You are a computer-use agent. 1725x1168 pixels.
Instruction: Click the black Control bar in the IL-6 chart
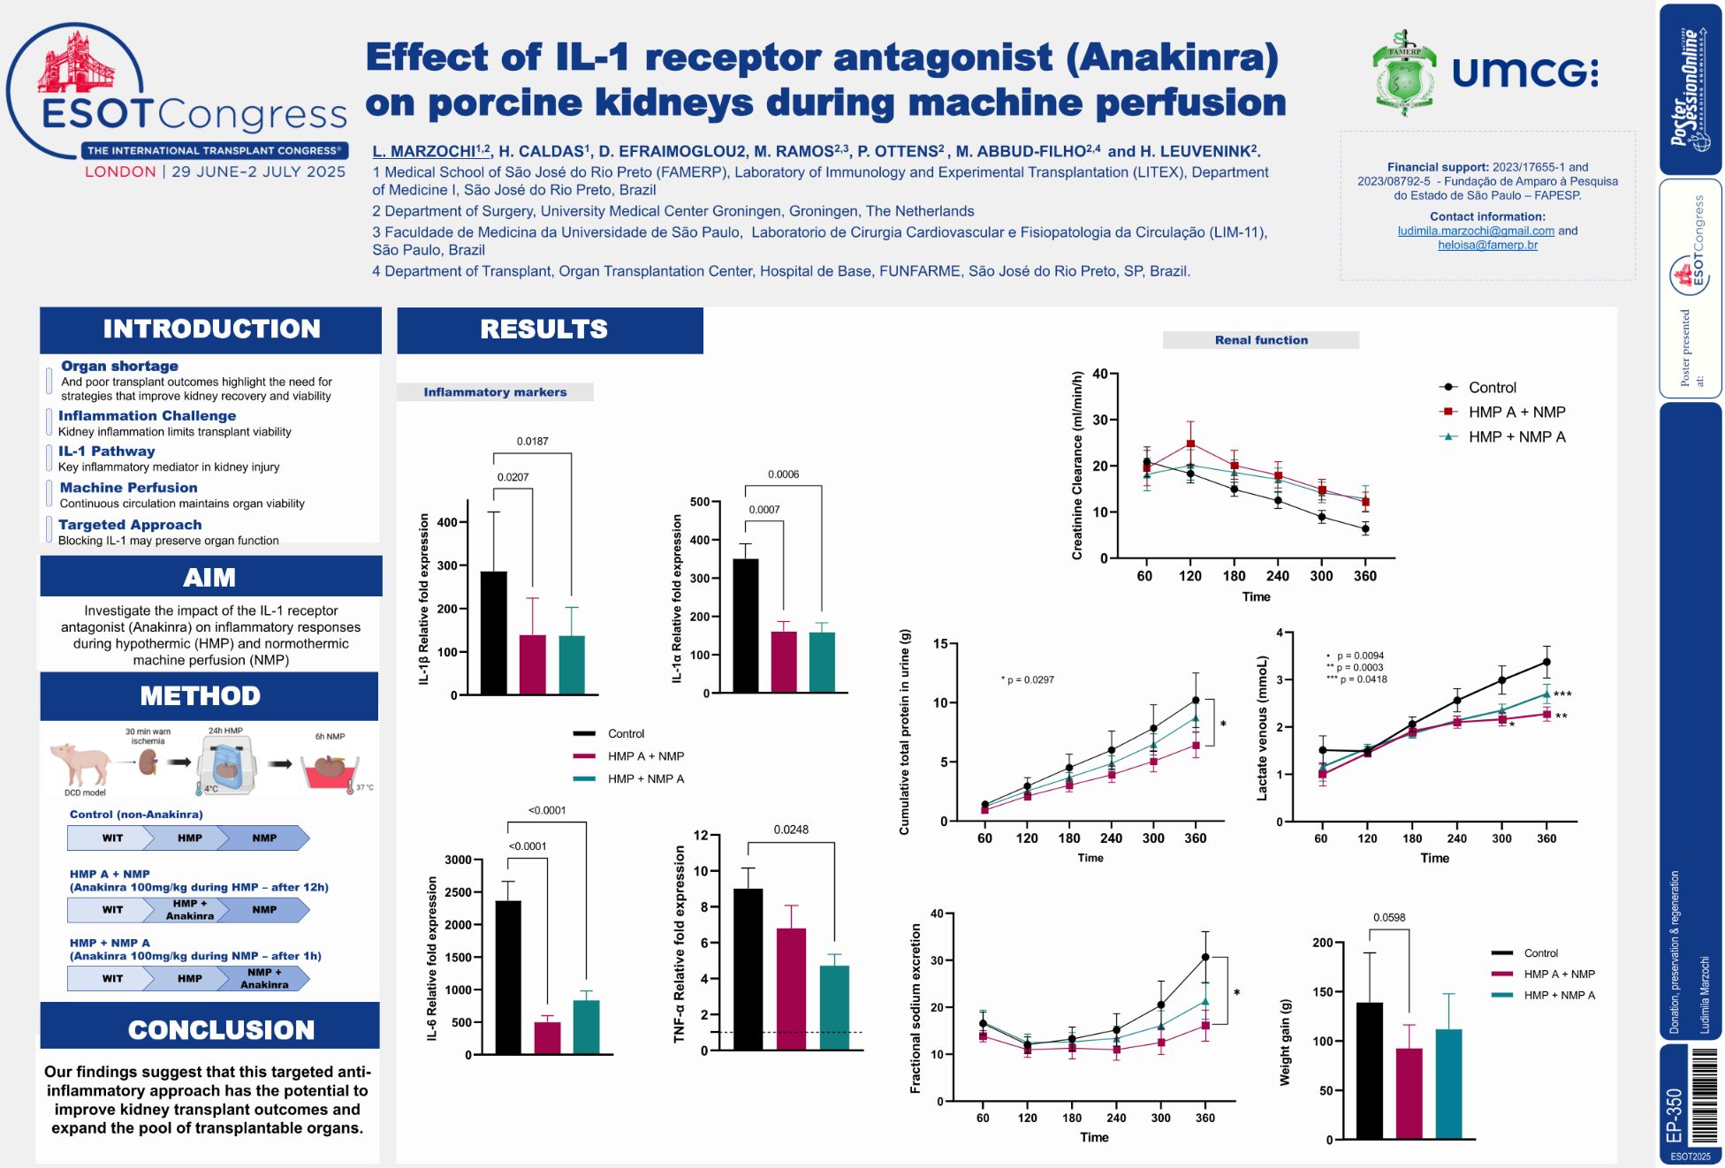[x=507, y=976]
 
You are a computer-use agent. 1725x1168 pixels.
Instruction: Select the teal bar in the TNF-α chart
[x=833, y=1007]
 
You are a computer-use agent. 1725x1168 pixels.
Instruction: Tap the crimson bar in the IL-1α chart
[x=783, y=661]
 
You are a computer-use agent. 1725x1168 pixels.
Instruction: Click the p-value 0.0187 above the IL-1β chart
[x=532, y=441]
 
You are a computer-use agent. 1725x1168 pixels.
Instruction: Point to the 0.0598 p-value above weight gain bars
[x=1388, y=917]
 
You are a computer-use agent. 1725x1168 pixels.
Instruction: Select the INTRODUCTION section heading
[x=211, y=330]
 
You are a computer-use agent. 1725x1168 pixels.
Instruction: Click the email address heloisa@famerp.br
[x=1486, y=245]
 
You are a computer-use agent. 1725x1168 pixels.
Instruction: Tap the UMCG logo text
[x=1524, y=72]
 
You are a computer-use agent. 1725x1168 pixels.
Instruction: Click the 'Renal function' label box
[x=1260, y=340]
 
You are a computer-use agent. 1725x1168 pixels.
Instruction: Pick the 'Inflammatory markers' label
[x=495, y=392]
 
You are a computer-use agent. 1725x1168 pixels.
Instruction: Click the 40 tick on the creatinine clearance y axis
[x=1099, y=374]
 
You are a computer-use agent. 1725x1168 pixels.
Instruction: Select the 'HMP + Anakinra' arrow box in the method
[x=189, y=909]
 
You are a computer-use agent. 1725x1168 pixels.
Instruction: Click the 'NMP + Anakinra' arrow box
[x=264, y=978]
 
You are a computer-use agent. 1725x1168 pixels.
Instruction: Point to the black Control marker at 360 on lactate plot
[x=1546, y=662]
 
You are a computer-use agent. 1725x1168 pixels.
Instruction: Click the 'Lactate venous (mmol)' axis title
[x=1261, y=728]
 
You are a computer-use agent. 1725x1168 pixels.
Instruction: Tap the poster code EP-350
[x=1673, y=1115]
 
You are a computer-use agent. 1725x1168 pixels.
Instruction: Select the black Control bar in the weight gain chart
[x=1369, y=1070]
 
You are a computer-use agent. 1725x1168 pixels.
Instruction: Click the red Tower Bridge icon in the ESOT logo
[x=76, y=62]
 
